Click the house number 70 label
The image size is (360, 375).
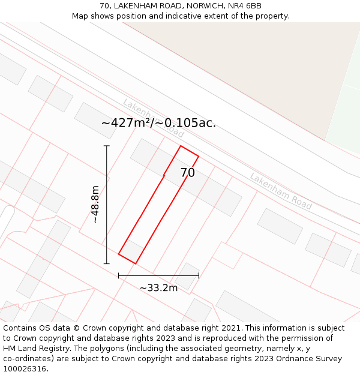[187, 173]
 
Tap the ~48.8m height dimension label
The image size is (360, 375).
[95, 204]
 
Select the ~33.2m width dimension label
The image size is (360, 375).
[158, 288]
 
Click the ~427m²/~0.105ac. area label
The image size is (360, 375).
[158, 123]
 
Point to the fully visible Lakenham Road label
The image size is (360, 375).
[281, 191]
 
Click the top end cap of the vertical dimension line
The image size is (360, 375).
[107, 146]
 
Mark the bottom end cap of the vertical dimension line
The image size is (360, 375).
[107, 263]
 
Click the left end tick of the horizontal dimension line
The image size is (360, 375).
[119, 276]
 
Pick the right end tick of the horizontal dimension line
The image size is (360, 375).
[199, 276]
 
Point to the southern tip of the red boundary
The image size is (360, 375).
[136, 263]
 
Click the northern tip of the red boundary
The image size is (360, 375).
[181, 146]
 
